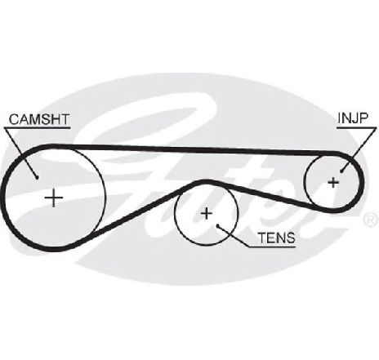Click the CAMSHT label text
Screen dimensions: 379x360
coord(39,119)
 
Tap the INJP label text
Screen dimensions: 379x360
coord(353,118)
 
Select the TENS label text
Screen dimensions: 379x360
coord(277,238)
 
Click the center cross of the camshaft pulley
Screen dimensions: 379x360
coord(54,198)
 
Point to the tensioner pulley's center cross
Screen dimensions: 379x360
coord(207,213)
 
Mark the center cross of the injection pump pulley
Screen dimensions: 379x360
coord(333,183)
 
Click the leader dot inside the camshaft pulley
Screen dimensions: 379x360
coord(37,178)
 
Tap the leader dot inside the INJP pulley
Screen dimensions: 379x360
coord(341,171)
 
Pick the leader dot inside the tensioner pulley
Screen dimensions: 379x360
coord(218,225)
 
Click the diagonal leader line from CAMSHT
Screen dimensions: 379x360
coord(20,153)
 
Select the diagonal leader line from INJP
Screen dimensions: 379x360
coord(358,149)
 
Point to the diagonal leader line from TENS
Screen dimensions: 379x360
coord(234,236)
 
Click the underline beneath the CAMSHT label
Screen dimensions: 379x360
coord(38,127)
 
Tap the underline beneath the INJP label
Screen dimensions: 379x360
coord(356,127)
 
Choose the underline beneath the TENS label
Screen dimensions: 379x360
coord(272,247)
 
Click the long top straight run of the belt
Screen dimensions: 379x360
coord(194,149)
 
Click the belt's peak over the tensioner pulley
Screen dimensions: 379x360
coord(206,182)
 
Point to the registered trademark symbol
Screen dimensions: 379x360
coord(371,220)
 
